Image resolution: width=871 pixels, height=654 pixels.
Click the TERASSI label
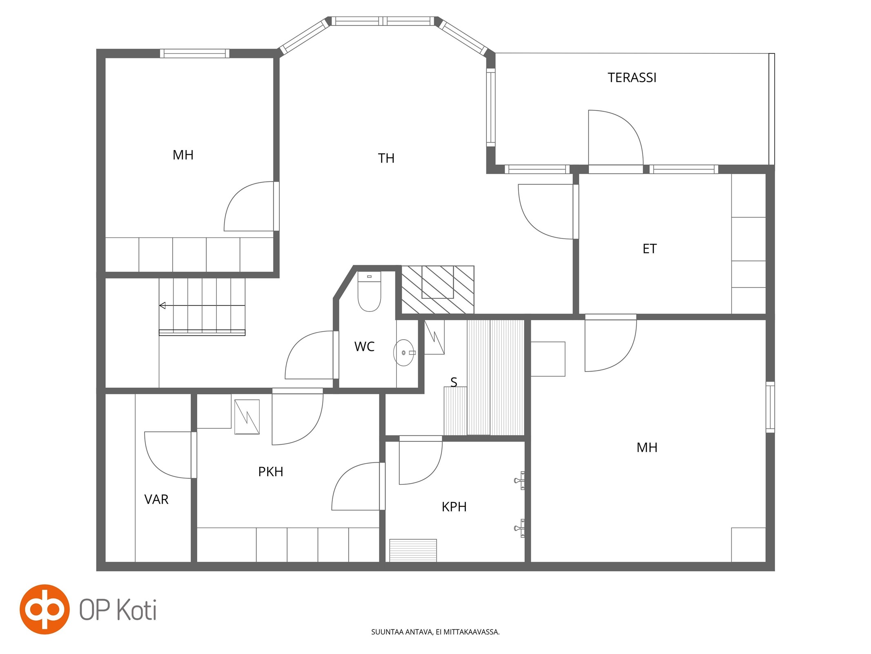coord(632,78)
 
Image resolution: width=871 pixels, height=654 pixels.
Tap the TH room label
coord(386,158)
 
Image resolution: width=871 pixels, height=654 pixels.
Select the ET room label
coord(649,249)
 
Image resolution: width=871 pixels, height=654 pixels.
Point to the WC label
coord(364,347)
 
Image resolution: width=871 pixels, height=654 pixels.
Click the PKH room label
coord(270,472)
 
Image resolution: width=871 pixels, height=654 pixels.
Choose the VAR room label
coord(156,499)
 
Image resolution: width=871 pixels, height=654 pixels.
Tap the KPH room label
coord(454,507)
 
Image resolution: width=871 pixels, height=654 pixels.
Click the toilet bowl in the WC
coord(369,291)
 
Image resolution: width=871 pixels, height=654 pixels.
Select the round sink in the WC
coord(404,352)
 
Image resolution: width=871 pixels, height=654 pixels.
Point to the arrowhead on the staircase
coord(162,305)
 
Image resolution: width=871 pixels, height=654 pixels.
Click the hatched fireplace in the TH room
coord(438,289)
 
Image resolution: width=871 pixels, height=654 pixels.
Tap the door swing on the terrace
coord(615,138)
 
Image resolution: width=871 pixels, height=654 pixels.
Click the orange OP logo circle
coord(45,609)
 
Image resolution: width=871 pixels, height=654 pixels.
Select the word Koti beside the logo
coord(137,610)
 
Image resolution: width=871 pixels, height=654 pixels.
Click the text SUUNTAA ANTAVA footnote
coord(435,632)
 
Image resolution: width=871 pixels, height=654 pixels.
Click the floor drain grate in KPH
coord(413,550)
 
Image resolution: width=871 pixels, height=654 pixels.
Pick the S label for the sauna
coord(454,382)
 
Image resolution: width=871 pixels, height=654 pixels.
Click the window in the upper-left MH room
coord(194,53)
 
